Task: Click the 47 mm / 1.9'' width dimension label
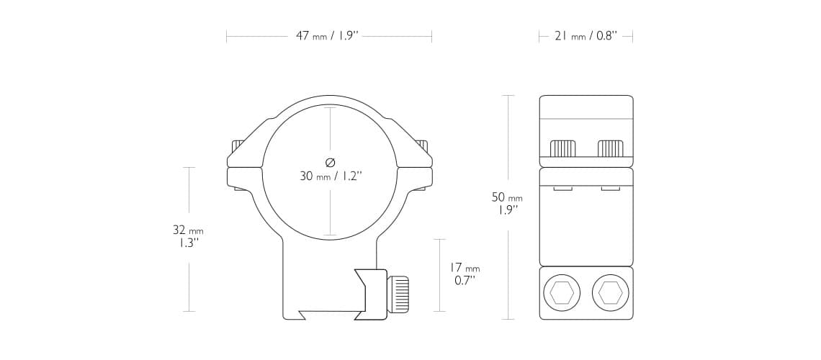327,36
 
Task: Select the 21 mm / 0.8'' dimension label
586,36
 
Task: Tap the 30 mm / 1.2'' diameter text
331,176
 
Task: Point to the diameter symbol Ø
331,162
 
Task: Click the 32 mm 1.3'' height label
188,236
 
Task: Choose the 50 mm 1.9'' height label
507,204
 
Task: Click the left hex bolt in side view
562,292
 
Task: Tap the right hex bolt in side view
609,292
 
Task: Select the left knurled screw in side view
562,148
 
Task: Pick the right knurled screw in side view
610,148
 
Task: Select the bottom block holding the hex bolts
586,293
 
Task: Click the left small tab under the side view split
562,189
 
